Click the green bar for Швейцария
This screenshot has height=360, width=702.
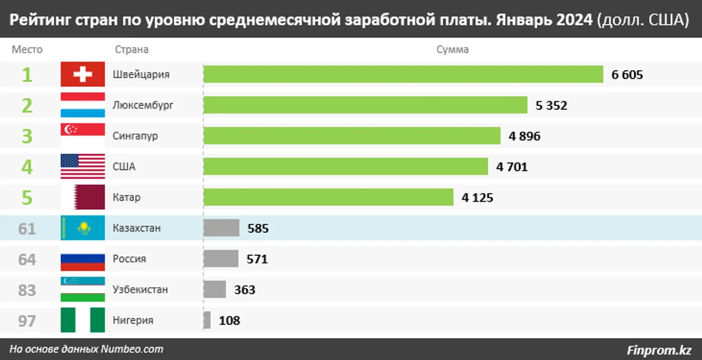tap(403, 74)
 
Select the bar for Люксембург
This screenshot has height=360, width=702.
tap(365, 105)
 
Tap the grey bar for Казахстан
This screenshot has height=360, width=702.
tap(221, 228)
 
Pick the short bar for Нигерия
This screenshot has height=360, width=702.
tap(207, 320)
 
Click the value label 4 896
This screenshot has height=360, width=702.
tap(525, 136)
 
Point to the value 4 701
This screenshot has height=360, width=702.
tap(512, 167)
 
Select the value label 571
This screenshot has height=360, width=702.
tap(257, 259)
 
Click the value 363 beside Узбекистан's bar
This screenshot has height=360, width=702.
tap(245, 290)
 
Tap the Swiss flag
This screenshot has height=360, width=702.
tap(82, 74)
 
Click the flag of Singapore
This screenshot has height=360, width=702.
tap(82, 136)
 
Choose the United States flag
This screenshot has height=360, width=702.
tap(82, 166)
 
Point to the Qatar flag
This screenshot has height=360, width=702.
tap(82, 197)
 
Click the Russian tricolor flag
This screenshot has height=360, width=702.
tap(82, 259)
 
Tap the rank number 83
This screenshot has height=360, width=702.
tap(27, 290)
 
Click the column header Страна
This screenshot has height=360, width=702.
tap(131, 50)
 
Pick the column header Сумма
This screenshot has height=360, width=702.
tap(453, 50)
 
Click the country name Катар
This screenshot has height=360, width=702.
tap(126, 197)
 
